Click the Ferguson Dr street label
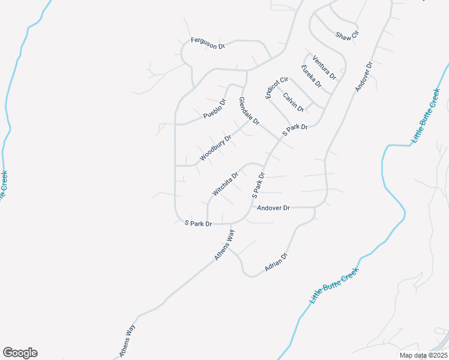207,43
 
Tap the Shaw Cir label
347,35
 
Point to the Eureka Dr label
312,76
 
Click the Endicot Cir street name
277,88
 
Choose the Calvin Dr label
294,102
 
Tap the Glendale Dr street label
249,111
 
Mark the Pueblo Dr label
214,108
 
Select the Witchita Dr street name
226,184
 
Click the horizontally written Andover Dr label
273,208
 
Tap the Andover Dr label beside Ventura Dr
364,76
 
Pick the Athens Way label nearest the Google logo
128,341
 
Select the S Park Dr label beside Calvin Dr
296,128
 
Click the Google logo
20,353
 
